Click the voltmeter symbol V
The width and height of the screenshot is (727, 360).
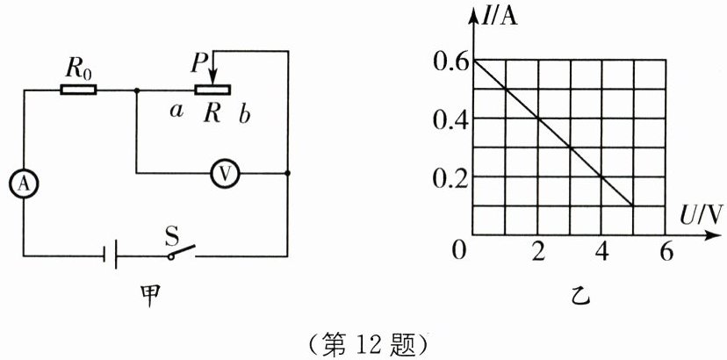pyautogui.click(x=225, y=174)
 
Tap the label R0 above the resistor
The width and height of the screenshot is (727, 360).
pyautogui.click(x=80, y=66)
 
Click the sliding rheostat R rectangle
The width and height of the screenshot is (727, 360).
pyautogui.click(x=212, y=90)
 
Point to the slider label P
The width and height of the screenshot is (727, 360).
pyautogui.click(x=199, y=62)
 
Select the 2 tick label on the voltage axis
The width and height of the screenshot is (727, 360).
pyautogui.click(x=539, y=252)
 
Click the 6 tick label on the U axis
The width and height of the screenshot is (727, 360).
pyautogui.click(x=666, y=252)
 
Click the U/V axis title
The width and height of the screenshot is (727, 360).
pyautogui.click(x=699, y=214)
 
